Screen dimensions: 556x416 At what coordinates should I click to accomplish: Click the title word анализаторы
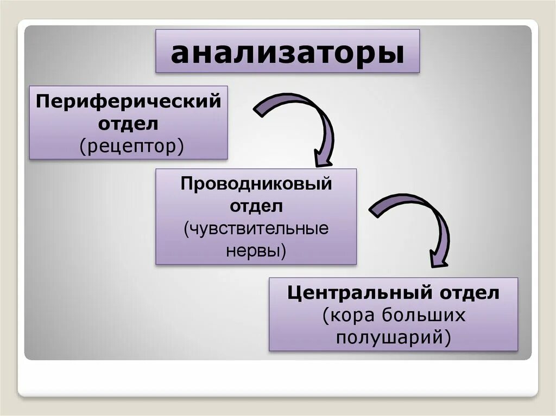point(287,52)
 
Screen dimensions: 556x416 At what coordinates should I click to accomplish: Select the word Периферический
point(128,101)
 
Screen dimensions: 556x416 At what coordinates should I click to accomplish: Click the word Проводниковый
point(256,184)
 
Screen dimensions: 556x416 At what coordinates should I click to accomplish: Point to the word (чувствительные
point(256,228)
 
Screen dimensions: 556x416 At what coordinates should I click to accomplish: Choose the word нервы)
point(256,251)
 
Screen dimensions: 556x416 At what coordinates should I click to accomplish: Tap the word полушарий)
point(394,337)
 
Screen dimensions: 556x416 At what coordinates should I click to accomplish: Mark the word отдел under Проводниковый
point(256,206)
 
